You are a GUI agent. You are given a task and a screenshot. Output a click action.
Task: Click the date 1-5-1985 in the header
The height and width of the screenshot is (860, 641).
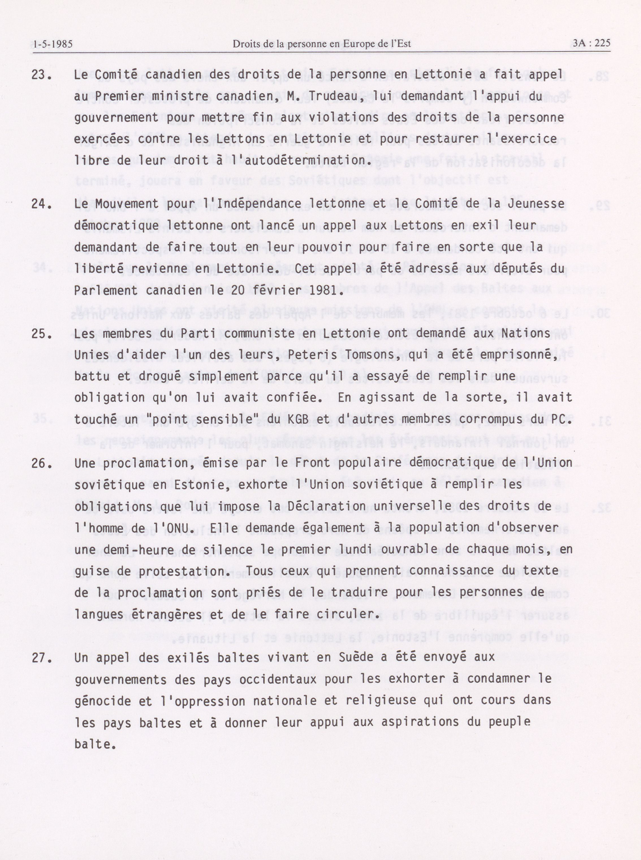(x=53, y=44)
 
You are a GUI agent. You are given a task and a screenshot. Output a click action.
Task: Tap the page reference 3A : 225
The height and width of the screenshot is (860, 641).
(x=591, y=43)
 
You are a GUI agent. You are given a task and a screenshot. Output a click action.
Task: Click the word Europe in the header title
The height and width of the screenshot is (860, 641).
(x=373, y=44)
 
